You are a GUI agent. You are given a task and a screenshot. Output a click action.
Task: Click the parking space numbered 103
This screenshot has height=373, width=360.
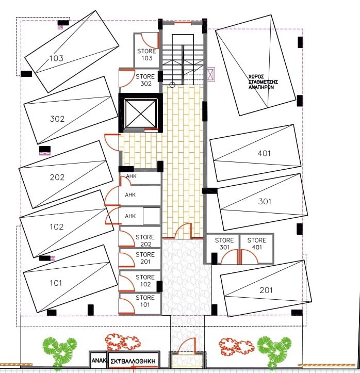click(72, 52)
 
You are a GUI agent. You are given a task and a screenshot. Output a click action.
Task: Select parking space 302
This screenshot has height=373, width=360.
click(71, 110)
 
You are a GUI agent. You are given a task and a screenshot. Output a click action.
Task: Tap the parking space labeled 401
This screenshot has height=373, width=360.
click(255, 153)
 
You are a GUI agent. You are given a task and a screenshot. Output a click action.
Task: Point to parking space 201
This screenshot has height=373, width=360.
click(266, 288)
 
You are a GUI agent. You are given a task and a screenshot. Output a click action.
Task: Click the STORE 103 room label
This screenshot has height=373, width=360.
click(146, 55)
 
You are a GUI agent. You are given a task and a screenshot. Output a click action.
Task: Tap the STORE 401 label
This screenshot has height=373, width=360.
click(256, 244)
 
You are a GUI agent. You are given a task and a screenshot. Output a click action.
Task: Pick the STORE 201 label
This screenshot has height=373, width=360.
click(145, 258)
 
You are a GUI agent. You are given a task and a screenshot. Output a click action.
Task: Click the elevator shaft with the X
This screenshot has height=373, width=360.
click(140, 113)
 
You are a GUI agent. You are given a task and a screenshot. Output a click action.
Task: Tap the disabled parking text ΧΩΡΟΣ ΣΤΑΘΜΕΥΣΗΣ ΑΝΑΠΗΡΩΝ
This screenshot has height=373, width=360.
click(263, 82)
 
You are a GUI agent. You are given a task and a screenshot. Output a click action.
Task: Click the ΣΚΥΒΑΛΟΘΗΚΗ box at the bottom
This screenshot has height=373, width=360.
click(133, 361)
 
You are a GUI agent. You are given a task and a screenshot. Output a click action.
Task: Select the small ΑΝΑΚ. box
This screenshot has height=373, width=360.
click(99, 360)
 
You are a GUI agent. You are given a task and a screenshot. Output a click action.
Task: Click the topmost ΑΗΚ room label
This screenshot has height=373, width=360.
click(131, 176)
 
